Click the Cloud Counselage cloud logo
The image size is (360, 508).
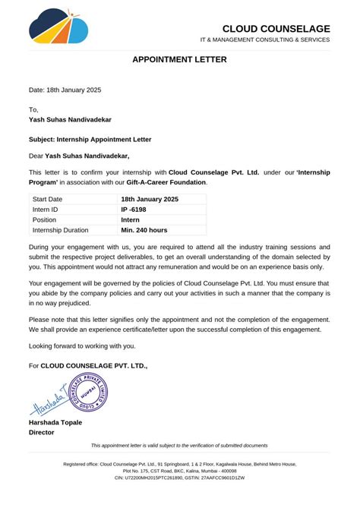pos(58,27)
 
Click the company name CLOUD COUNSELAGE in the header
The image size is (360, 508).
pos(276,29)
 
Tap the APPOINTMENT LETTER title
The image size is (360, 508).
pos(179,59)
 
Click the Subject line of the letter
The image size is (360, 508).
pos(90,140)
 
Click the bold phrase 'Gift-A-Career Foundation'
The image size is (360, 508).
pos(166,182)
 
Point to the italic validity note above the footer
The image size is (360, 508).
pos(179,445)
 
